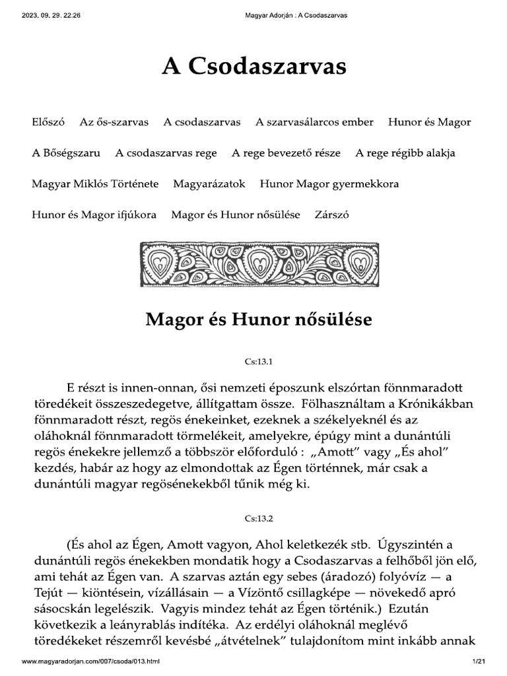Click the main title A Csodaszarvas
click(254, 67)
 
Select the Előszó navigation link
click(48, 122)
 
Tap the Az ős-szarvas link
click(114, 122)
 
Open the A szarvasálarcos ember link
click(314, 122)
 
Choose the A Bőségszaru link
click(66, 153)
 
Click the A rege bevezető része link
click(286, 153)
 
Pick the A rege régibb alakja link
click(405, 153)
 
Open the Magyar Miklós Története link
click(95, 184)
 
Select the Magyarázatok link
click(209, 184)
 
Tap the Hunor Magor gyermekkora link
click(329, 184)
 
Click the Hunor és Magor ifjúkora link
click(94, 215)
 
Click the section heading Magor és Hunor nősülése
click(258, 320)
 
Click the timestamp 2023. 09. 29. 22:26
click(51, 15)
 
